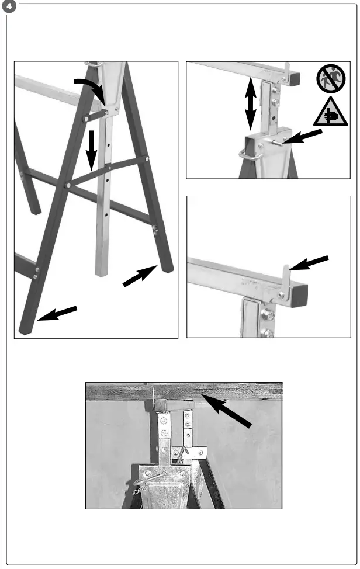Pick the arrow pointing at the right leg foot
coord(140,275)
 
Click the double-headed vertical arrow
coord(251,103)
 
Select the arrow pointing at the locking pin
coord(304,137)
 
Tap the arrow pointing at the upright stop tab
coord(310,263)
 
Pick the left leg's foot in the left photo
coord(26,330)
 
